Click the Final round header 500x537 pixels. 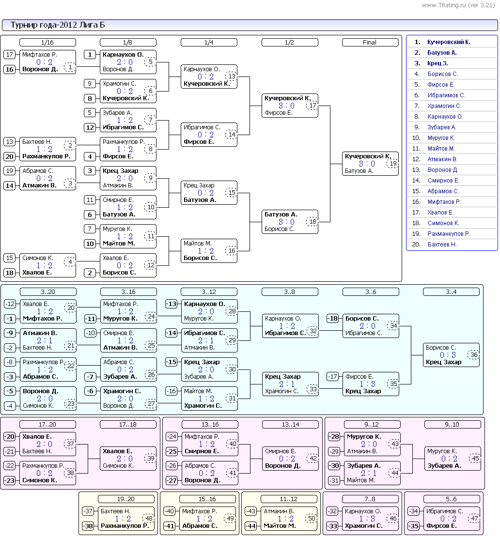pos(370,43)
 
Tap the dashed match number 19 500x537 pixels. pos(393,164)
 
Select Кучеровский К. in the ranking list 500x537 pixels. pos(449,42)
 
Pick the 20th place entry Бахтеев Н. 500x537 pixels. pos(442,245)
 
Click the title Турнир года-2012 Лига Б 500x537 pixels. pos(58,25)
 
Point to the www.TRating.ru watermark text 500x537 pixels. pos(458,5)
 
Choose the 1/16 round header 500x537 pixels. pos(47,43)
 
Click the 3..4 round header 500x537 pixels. pos(452,292)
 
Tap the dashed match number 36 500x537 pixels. pos(474,355)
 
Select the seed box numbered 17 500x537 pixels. pos(10,54)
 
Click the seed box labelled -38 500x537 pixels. pos(88,526)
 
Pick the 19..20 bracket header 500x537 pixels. pos(126,499)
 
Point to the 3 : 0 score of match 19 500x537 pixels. pos(367,164)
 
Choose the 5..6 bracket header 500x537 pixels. pos(452,499)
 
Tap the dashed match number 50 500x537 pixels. pos(312,519)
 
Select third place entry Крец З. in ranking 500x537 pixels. pos(437,63)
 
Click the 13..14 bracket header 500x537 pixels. pos(290,425)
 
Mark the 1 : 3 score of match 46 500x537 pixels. pos(367,519)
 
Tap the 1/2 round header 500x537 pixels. pos(290,43)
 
